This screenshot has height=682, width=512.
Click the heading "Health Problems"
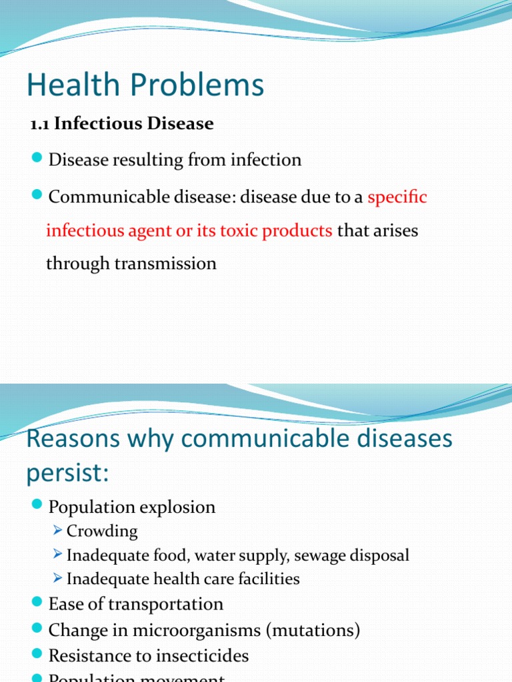click(x=145, y=85)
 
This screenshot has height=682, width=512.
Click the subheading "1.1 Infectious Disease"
click(x=121, y=124)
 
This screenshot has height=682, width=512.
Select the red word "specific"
click(x=397, y=197)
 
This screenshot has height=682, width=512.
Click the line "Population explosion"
click(x=132, y=508)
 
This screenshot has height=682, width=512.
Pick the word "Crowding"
click(x=102, y=531)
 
